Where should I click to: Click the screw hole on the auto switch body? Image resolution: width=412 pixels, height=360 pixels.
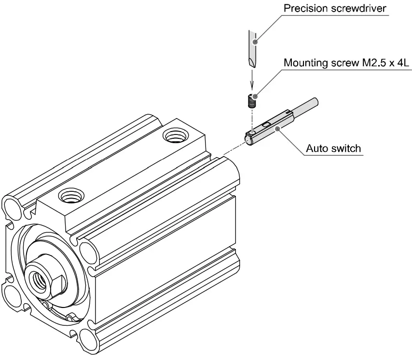click(x=251, y=132)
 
